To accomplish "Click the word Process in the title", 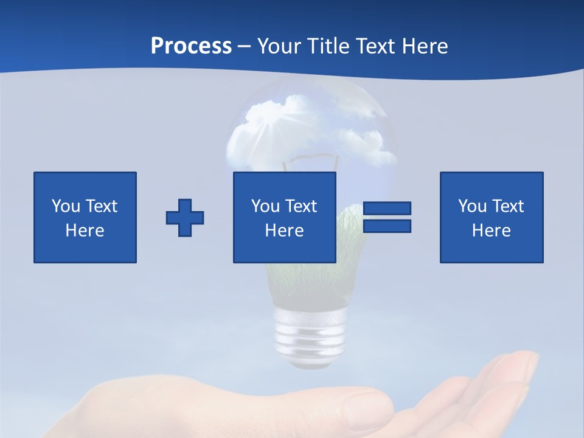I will click(191, 46).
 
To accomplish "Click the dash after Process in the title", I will click(245, 47).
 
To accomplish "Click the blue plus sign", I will click(185, 217).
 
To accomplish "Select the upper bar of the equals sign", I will click(387, 208).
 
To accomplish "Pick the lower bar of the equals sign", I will click(387, 226).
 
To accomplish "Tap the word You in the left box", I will click(65, 206).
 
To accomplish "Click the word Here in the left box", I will click(85, 231).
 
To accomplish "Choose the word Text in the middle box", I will click(300, 206).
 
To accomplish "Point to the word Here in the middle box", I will click(284, 231).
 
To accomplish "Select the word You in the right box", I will click(471, 206).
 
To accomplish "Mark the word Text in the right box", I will click(507, 206).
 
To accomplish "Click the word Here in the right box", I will click(491, 231).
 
